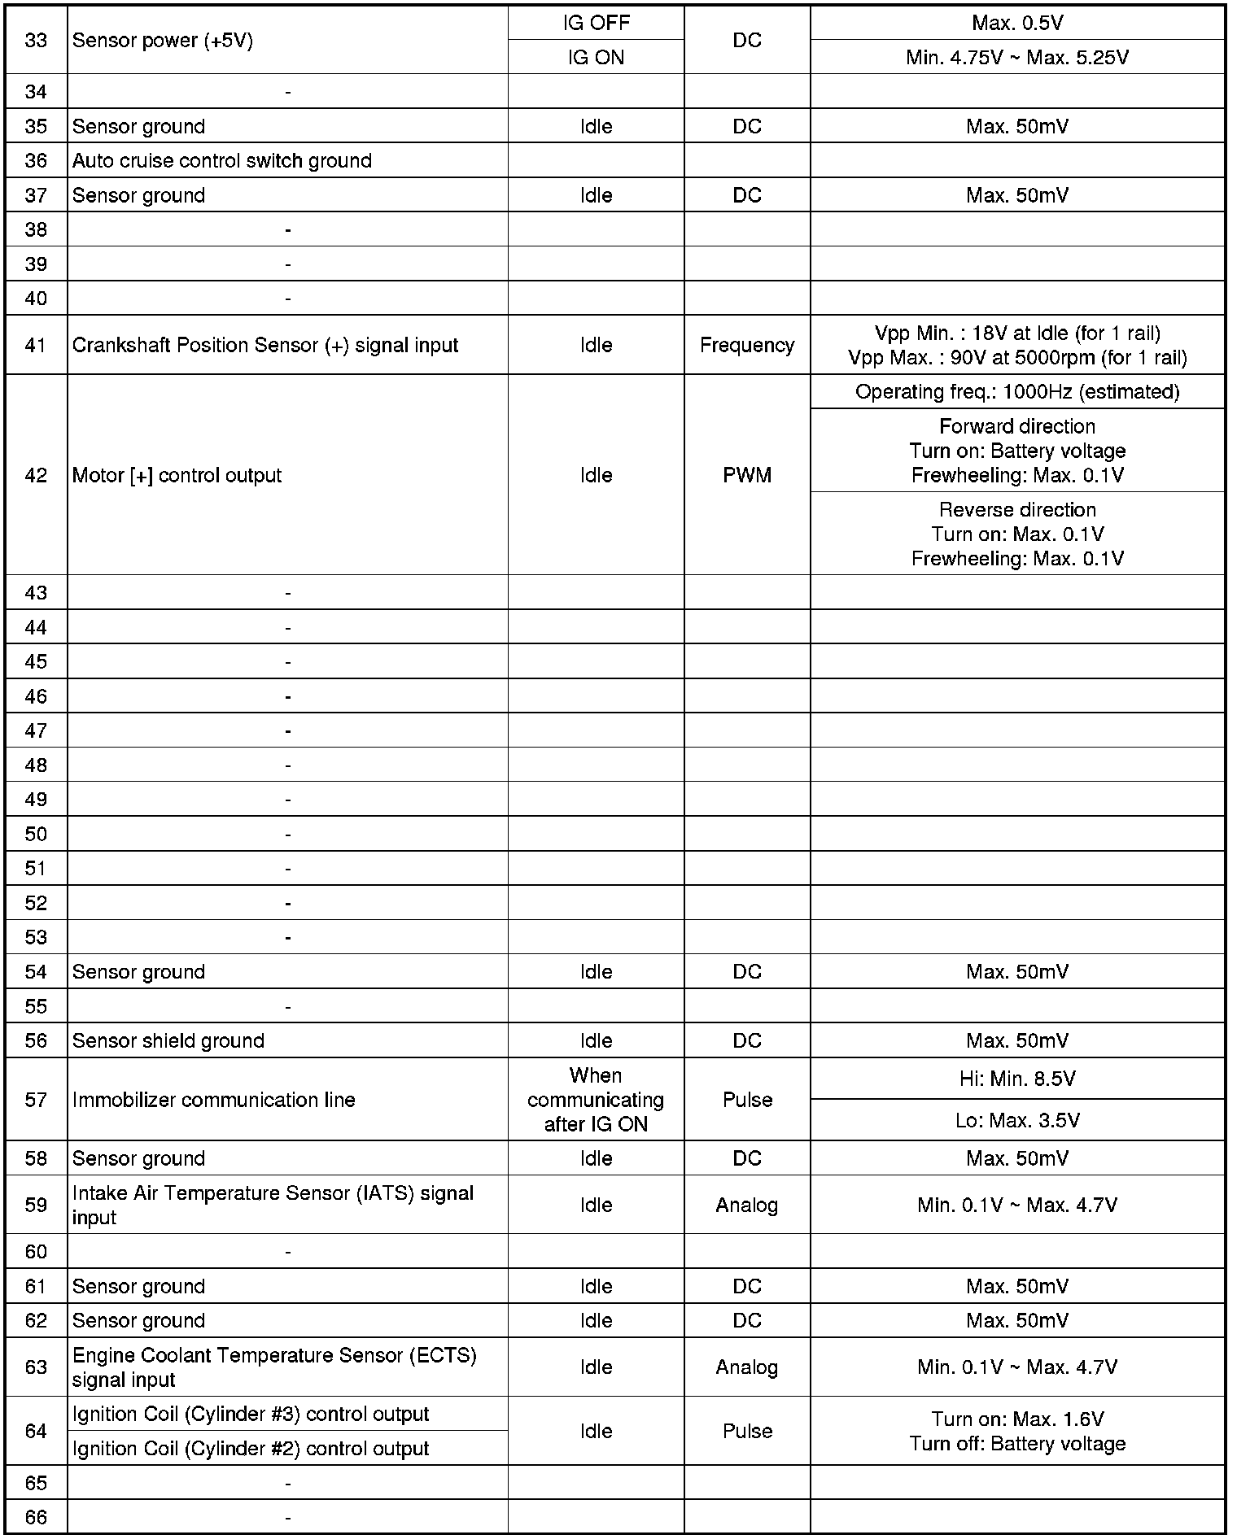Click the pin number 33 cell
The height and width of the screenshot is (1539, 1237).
click(36, 41)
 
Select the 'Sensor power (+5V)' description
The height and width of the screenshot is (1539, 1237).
click(163, 41)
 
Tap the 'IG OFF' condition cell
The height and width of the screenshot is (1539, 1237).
click(596, 23)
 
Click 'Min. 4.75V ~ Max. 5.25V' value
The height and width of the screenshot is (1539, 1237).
click(1017, 58)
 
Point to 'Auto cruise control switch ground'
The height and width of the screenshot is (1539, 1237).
click(222, 161)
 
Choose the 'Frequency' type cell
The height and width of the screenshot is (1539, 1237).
click(747, 346)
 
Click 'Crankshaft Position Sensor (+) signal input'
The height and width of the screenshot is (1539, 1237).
click(265, 346)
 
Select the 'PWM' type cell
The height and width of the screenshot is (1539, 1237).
click(747, 476)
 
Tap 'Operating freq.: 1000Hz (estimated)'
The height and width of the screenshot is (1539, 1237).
click(1017, 392)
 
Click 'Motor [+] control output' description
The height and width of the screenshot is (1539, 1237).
click(177, 476)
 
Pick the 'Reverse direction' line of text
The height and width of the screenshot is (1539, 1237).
click(1017, 510)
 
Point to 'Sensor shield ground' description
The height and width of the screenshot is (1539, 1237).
click(168, 1041)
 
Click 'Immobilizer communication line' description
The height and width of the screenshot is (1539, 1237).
click(214, 1101)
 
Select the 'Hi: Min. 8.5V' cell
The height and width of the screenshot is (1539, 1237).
click(1017, 1079)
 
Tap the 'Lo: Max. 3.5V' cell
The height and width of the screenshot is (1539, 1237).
click(1017, 1121)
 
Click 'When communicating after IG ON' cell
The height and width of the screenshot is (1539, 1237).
click(596, 1101)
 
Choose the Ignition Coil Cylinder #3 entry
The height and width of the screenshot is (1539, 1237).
click(251, 1415)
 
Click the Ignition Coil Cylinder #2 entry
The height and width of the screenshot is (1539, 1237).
click(251, 1449)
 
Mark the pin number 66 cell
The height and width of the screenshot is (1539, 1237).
click(36, 1518)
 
